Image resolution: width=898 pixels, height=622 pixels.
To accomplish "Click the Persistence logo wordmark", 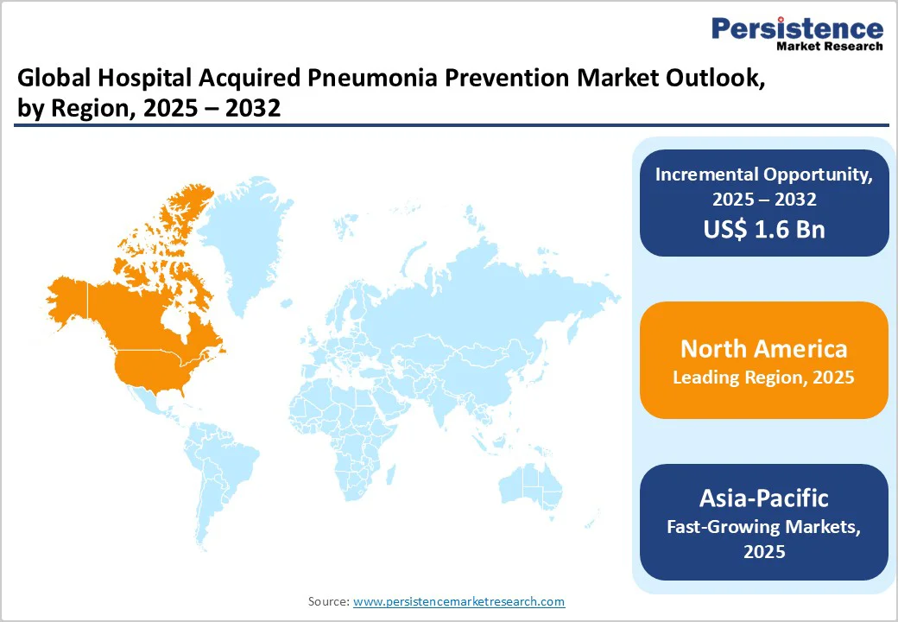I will tap(797, 29).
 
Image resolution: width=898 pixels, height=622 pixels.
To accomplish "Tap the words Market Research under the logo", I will tap(830, 46).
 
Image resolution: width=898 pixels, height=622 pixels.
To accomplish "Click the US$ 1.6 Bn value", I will tap(764, 230).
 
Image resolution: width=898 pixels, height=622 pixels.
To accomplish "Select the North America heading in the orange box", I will tap(764, 348).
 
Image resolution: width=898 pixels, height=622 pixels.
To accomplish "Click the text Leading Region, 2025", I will tap(764, 378).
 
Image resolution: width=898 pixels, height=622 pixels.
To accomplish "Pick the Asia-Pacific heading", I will tap(764, 498).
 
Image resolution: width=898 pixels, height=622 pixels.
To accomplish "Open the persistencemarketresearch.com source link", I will tap(458, 601).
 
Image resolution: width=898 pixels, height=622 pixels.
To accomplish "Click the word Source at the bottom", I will tap(328, 601).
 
